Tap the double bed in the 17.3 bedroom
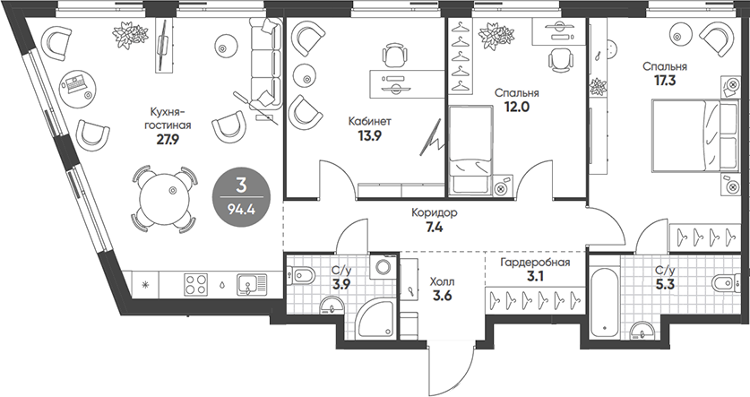click(686, 134)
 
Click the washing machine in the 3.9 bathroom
click(384, 268)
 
